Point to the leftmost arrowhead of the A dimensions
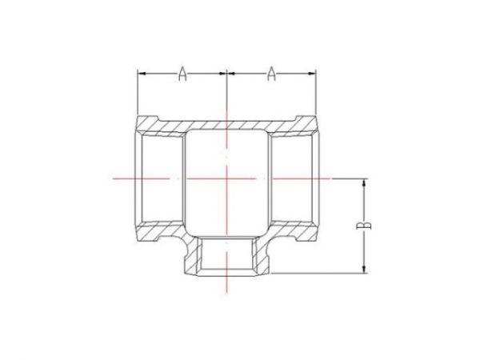141,74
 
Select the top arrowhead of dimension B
364,182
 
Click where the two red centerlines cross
228,178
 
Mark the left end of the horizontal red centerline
113,178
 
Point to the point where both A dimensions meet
228,74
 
